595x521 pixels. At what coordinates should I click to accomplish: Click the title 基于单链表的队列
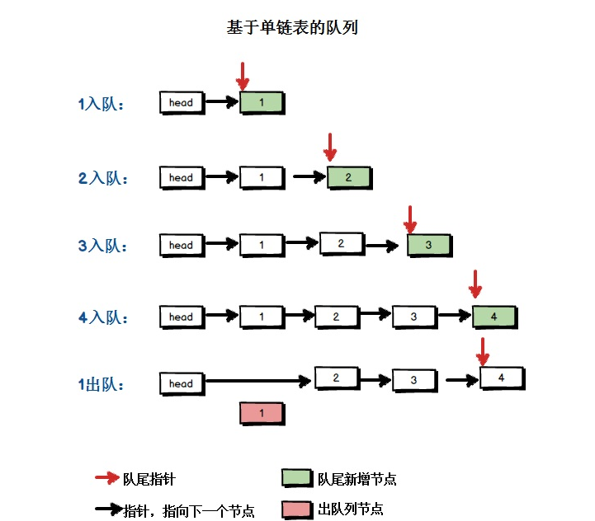coord(291,28)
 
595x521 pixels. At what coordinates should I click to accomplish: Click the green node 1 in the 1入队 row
coord(262,103)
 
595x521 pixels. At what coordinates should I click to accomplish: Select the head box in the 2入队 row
coord(182,177)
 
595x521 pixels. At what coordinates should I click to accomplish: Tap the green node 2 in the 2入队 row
coord(349,177)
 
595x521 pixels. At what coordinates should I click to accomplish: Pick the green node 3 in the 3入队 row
coord(429,245)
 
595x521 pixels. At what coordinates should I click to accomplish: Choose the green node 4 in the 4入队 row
coord(494,317)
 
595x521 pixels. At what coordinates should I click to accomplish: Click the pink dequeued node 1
coord(262,414)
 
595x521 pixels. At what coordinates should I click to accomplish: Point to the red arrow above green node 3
coord(411,219)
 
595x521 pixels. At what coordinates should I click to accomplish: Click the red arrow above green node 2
coord(330,148)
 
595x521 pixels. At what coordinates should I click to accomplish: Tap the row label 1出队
coord(102,383)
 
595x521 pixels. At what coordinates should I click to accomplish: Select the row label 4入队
coord(102,317)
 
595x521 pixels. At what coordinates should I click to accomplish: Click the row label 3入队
coord(102,246)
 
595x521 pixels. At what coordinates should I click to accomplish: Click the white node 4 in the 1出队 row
coord(502,378)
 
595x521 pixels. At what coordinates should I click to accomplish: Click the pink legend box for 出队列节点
coord(295,509)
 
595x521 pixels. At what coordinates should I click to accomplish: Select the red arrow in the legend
coord(107,477)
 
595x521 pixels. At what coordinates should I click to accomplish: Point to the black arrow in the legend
coord(107,509)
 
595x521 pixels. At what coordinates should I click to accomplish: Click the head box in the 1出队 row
coord(182,383)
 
